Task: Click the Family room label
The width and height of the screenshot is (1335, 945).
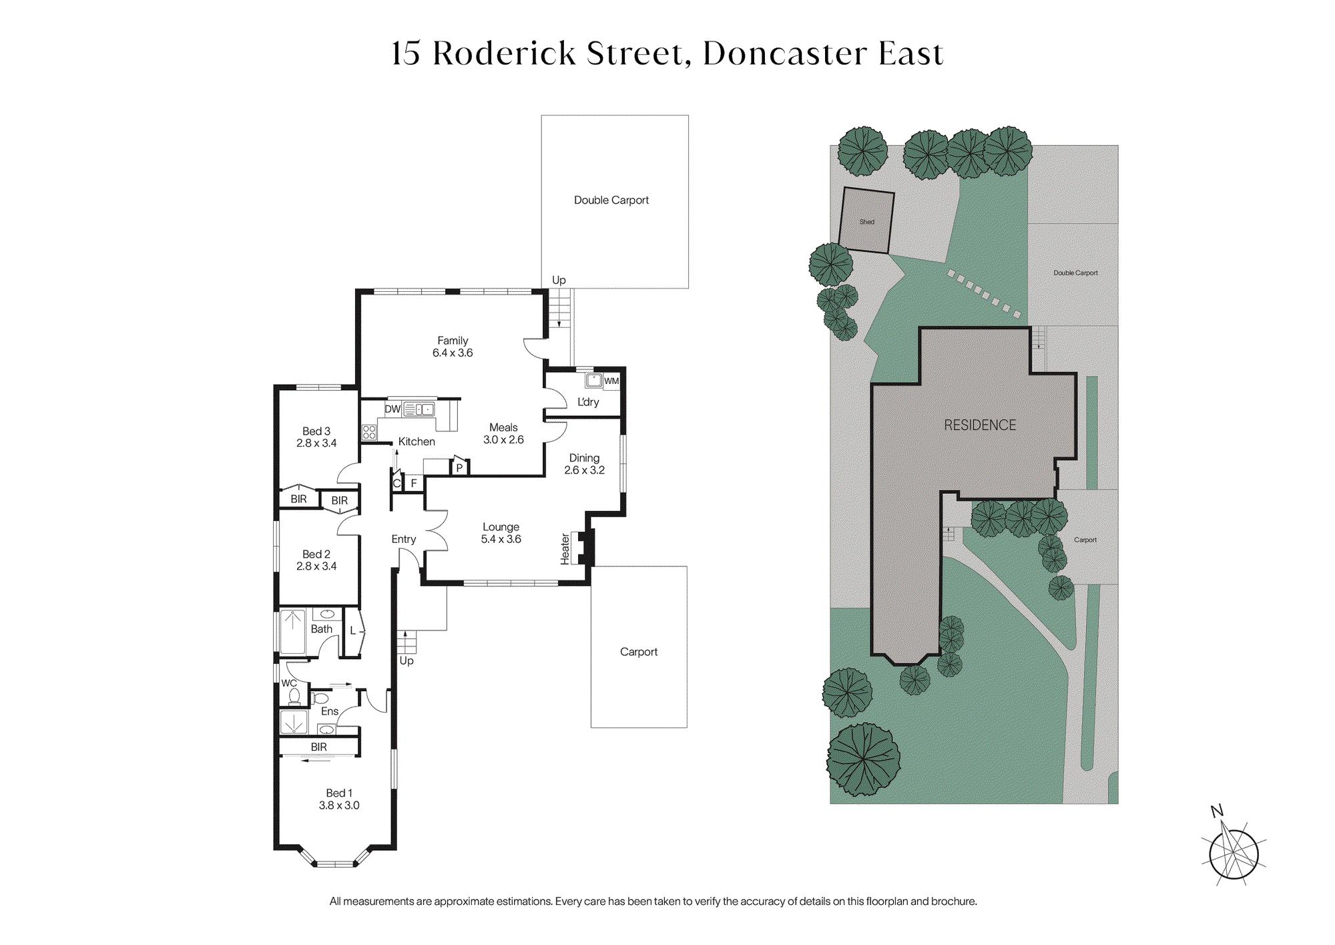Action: pyautogui.click(x=453, y=341)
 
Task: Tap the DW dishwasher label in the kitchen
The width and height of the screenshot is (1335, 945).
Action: pyautogui.click(x=392, y=409)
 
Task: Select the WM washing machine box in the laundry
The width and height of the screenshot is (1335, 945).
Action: pyautogui.click(x=611, y=381)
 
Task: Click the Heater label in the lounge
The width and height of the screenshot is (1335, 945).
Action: pyautogui.click(x=565, y=549)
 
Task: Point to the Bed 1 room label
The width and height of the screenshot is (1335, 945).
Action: pyautogui.click(x=339, y=793)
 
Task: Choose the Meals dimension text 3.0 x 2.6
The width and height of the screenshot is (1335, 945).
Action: pyautogui.click(x=503, y=439)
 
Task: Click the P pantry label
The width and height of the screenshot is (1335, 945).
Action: pyautogui.click(x=459, y=467)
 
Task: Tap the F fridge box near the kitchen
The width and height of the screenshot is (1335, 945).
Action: pyautogui.click(x=414, y=483)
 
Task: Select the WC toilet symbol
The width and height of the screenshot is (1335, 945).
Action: pyautogui.click(x=294, y=696)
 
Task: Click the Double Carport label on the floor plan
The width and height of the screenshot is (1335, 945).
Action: pyautogui.click(x=611, y=200)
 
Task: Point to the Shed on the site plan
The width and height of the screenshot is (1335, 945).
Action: pyautogui.click(x=866, y=220)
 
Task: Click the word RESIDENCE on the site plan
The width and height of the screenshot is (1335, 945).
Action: pyautogui.click(x=980, y=425)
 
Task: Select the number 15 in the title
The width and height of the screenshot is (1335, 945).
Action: pyautogui.click(x=406, y=53)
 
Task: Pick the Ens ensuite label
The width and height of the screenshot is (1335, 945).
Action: pyautogui.click(x=330, y=711)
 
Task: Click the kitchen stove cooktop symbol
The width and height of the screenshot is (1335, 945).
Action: pyautogui.click(x=369, y=432)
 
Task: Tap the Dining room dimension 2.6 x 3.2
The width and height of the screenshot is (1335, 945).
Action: pyautogui.click(x=584, y=470)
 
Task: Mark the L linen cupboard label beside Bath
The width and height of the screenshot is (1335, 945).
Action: pyautogui.click(x=353, y=630)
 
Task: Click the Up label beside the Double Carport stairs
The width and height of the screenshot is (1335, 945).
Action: pyautogui.click(x=559, y=280)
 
